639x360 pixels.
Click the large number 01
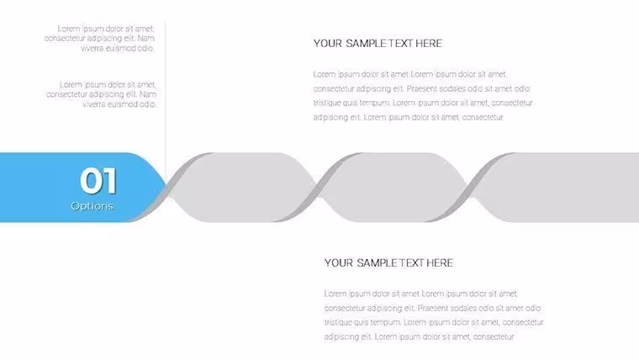98,180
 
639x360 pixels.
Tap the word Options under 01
92,206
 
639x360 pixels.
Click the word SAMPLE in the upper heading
366,43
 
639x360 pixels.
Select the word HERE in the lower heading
440,263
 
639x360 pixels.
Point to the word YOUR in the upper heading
328,43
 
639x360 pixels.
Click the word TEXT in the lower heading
411,263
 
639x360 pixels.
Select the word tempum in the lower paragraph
387,323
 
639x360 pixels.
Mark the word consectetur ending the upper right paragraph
483,118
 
